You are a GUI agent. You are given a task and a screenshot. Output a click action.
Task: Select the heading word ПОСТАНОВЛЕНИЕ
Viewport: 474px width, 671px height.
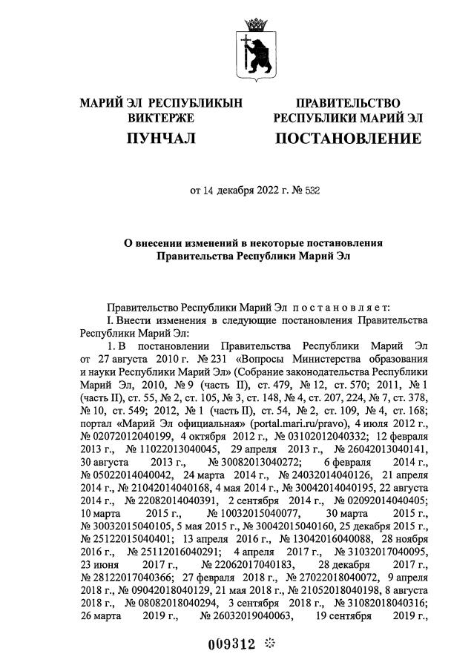tap(348, 139)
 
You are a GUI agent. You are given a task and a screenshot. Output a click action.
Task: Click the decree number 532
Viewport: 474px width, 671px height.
tap(311, 191)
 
